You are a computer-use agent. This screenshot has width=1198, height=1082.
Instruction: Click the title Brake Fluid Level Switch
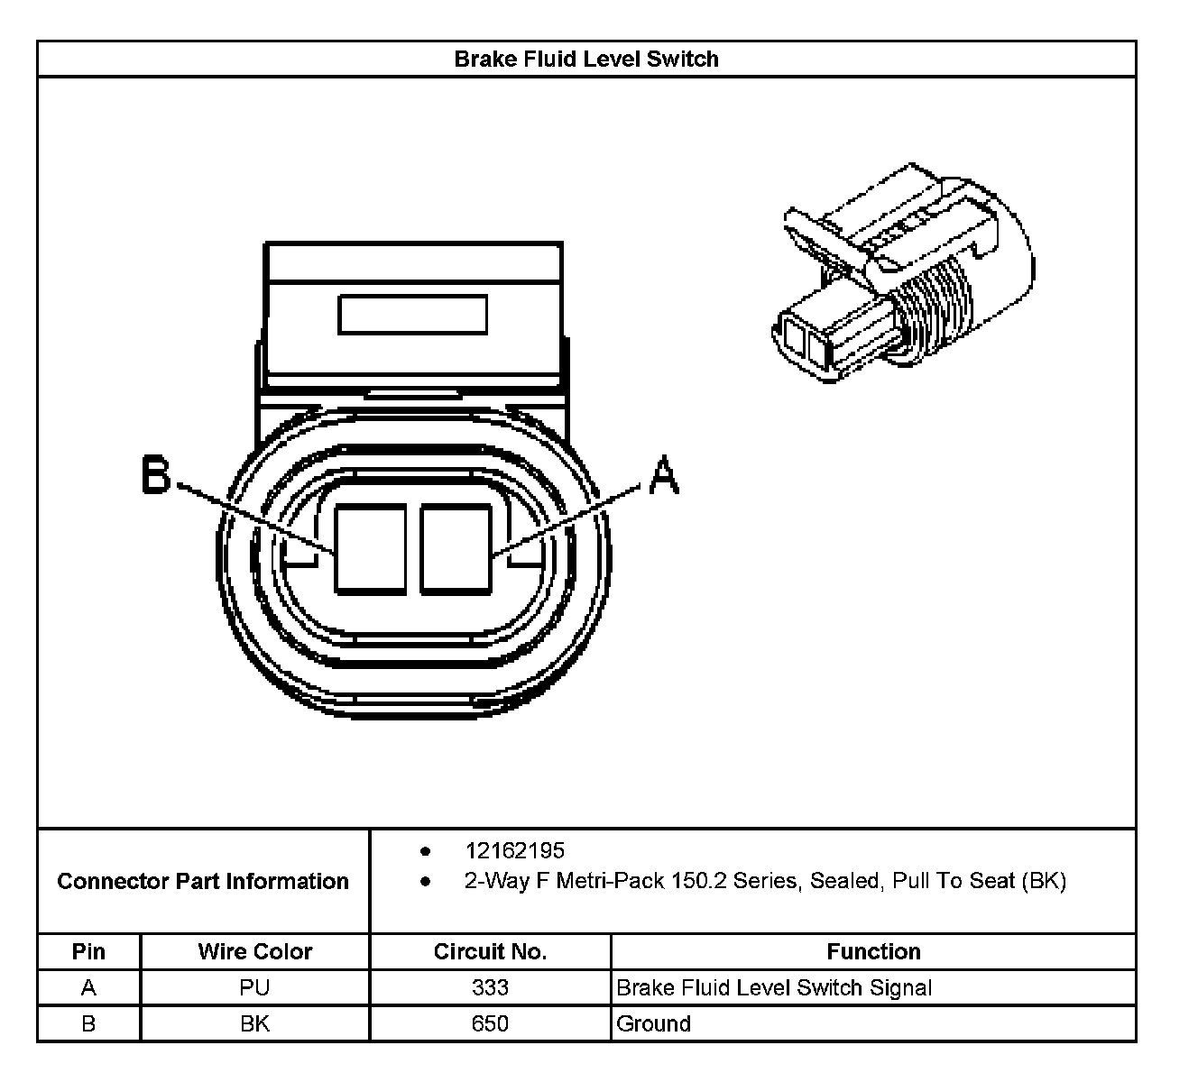[x=586, y=60]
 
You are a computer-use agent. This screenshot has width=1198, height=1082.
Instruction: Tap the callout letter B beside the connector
[x=156, y=475]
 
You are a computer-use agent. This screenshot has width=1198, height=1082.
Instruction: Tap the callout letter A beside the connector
[x=664, y=475]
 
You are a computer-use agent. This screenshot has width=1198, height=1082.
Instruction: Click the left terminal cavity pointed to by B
[x=370, y=549]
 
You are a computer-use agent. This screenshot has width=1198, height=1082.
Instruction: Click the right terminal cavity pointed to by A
[x=456, y=549]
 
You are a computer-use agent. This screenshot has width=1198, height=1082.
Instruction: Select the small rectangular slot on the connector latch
[x=412, y=315]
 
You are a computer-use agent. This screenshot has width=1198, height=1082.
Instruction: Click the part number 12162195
[x=514, y=851]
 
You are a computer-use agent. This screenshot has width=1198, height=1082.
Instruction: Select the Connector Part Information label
[x=203, y=881]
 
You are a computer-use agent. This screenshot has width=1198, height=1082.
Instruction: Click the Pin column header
[x=88, y=952]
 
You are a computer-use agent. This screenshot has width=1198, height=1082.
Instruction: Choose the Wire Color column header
[x=255, y=952]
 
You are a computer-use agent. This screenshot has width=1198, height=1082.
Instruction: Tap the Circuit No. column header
[x=490, y=952]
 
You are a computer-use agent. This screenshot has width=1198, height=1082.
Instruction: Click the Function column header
[x=873, y=952]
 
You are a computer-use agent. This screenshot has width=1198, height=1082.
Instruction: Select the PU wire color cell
[x=255, y=988]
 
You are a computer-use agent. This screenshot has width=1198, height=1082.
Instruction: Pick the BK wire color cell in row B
[x=255, y=1024]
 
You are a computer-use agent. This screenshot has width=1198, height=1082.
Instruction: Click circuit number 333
[x=490, y=988]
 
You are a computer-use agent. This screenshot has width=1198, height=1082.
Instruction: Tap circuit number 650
[x=490, y=1024]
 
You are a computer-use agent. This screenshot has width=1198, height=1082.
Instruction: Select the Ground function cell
[x=654, y=1024]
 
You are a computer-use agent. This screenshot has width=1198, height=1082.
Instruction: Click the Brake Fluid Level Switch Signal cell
[x=774, y=988]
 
